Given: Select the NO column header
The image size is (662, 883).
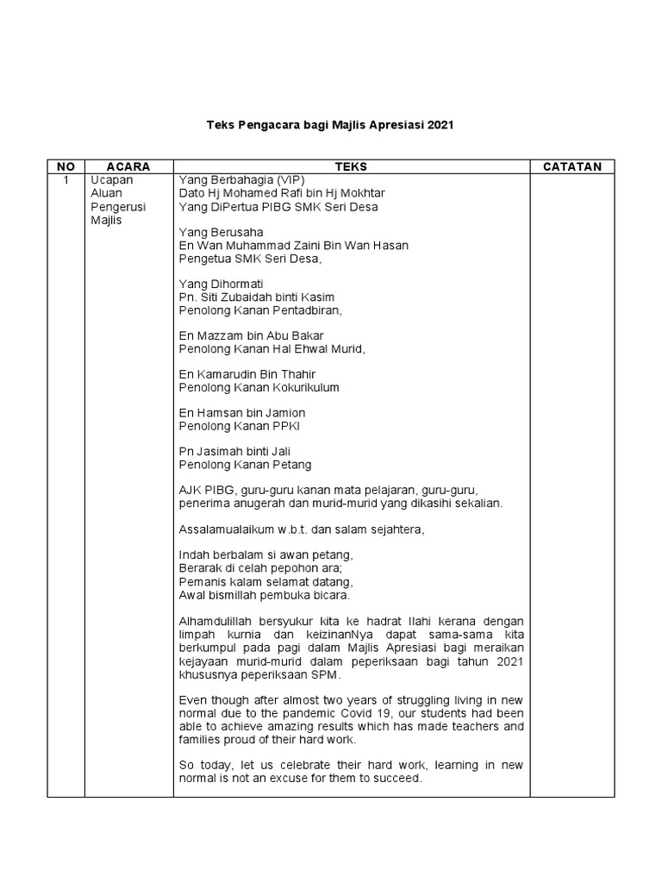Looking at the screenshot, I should pyautogui.click(x=66, y=166).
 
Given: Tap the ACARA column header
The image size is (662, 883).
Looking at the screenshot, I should pyautogui.click(x=128, y=166).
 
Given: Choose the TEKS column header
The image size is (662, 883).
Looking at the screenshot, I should pyautogui.click(x=352, y=166).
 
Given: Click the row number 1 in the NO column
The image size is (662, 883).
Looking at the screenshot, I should pyautogui.click(x=66, y=180).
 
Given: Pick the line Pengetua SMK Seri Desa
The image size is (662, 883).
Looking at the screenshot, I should pyautogui.click(x=249, y=259).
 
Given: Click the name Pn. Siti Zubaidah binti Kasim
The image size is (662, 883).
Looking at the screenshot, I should pyautogui.click(x=257, y=297).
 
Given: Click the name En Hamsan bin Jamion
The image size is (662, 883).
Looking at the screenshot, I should pyautogui.click(x=242, y=413).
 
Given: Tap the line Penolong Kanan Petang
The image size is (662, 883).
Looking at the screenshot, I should pyautogui.click(x=245, y=465).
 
